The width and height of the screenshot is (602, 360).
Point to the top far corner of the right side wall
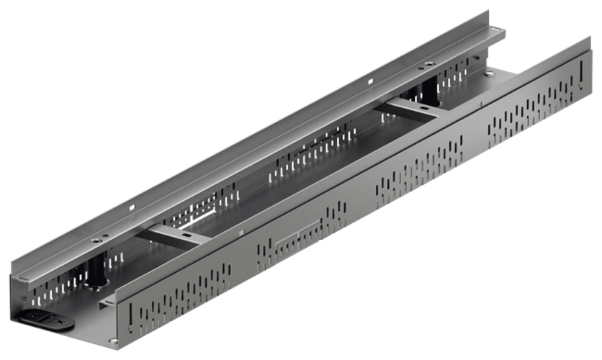pyautogui.click(x=590, y=36)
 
